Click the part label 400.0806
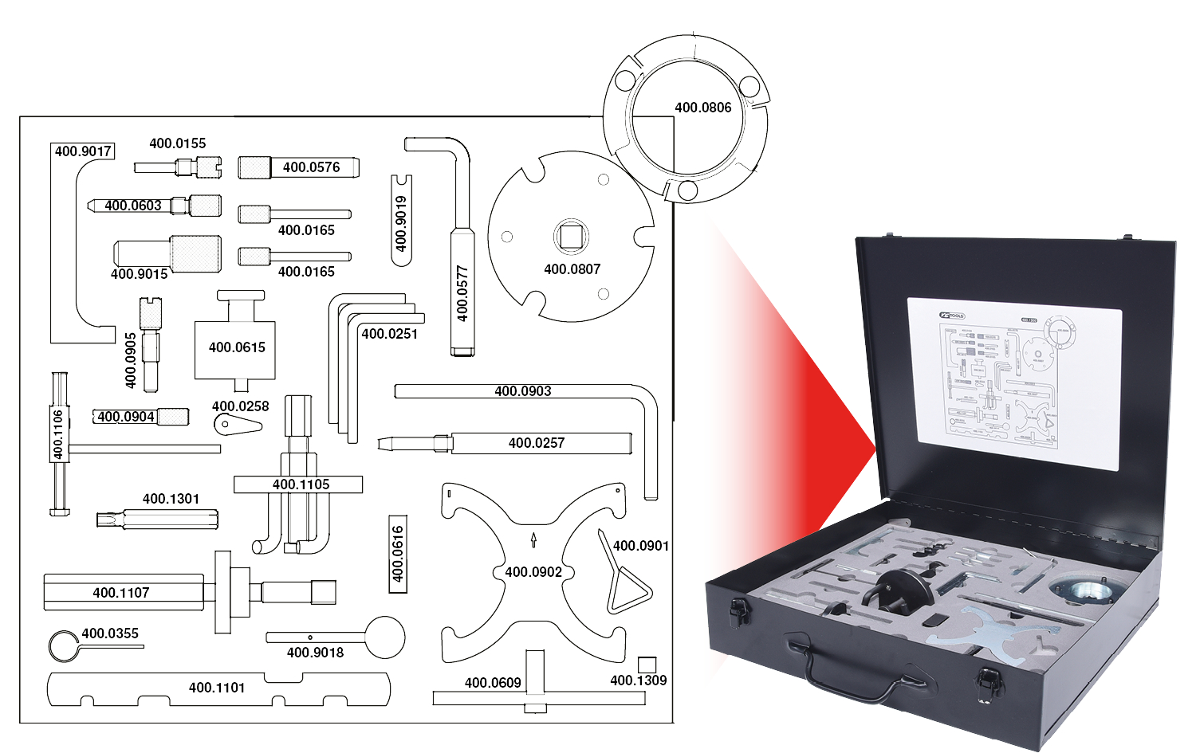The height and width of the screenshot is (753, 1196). click(702, 108)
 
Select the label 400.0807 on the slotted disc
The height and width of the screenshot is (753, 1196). click(572, 269)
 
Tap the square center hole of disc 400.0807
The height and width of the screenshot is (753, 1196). click(571, 236)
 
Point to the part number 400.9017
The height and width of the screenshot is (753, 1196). click(83, 151)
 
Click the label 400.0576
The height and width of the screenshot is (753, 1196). click(311, 167)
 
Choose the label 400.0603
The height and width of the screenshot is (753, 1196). click(133, 206)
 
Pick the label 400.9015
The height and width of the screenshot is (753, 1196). click(139, 274)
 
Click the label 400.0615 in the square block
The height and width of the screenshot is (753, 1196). click(237, 347)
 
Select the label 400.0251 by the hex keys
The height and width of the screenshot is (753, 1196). click(389, 334)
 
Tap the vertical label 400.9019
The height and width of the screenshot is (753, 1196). click(401, 223)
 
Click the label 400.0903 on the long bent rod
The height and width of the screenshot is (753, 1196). click(522, 391)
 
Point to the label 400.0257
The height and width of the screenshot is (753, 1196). click(536, 443)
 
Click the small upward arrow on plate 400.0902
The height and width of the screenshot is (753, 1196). click(533, 540)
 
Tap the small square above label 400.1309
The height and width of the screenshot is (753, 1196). click(647, 665)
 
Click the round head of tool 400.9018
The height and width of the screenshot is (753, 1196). click(385, 637)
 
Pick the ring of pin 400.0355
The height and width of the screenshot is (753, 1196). click(62, 646)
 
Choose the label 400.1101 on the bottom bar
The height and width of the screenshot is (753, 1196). click(216, 688)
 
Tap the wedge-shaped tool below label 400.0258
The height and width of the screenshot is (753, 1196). click(237, 425)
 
